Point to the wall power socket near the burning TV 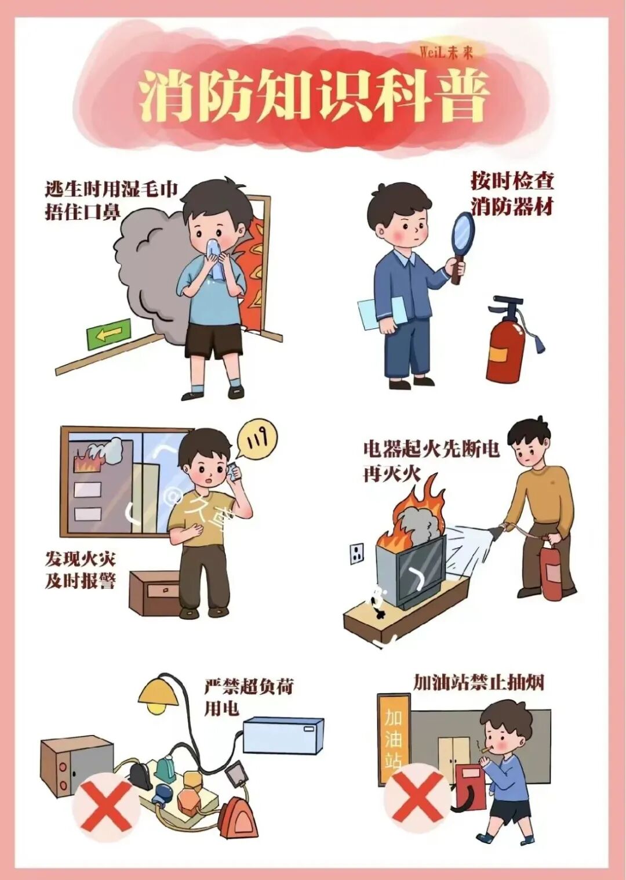point(357,553)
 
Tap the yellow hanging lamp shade point(158,693)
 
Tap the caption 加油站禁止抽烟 point(479,682)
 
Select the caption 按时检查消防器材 point(512,193)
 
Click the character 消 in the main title point(168,96)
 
